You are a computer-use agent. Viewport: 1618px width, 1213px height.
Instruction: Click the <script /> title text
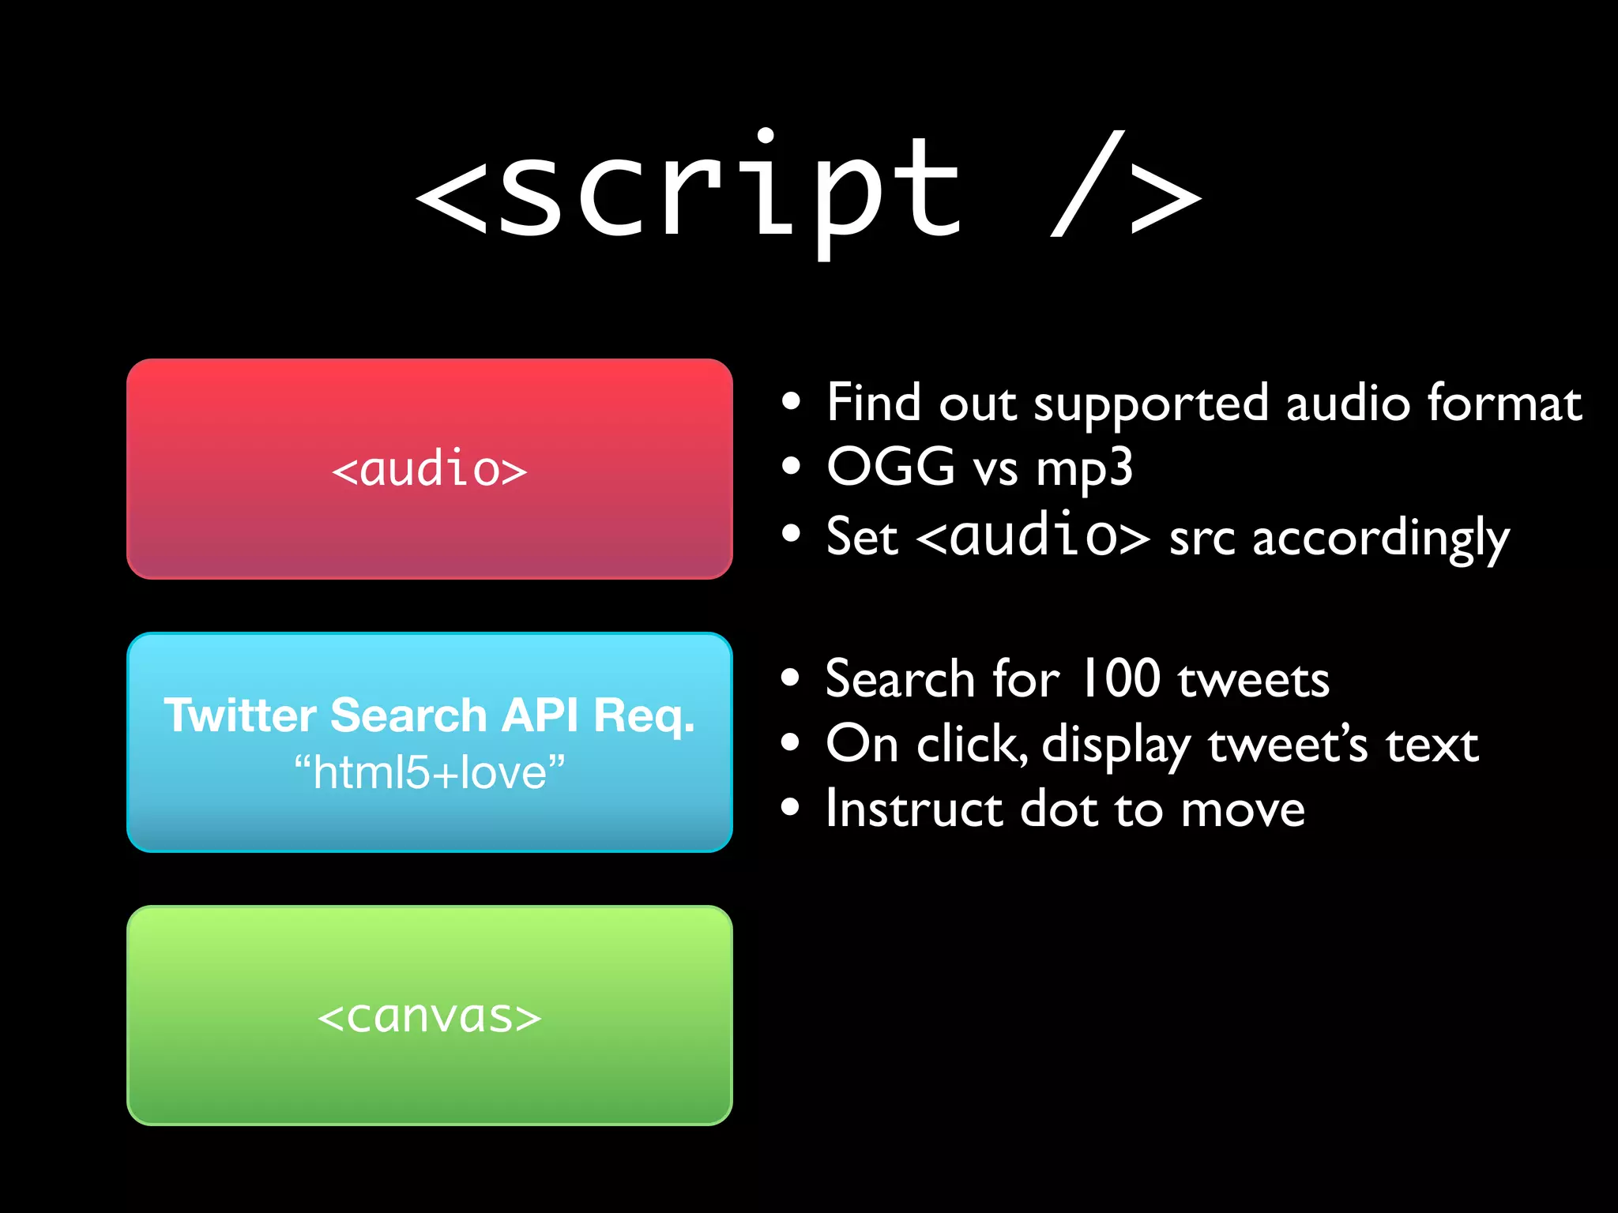807,190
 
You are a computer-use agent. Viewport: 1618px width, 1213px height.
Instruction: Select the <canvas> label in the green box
429,1016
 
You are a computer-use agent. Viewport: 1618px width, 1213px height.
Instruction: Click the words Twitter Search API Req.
429,715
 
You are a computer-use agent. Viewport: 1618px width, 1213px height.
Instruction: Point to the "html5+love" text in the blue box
429,772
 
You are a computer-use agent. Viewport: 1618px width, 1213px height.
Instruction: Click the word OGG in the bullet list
890,467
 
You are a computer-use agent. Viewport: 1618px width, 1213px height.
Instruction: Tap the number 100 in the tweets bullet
1120,678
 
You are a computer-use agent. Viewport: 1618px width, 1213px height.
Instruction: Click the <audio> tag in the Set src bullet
1033,535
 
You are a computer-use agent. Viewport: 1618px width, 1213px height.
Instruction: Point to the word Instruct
914,809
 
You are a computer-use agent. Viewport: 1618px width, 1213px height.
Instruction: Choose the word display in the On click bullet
1116,746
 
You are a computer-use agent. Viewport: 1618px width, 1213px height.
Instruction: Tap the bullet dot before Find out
791,402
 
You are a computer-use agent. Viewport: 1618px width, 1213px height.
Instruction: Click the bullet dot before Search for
791,678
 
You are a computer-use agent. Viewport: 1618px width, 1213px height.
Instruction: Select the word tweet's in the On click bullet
1288,745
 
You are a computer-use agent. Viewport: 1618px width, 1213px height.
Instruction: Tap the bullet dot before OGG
791,466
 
